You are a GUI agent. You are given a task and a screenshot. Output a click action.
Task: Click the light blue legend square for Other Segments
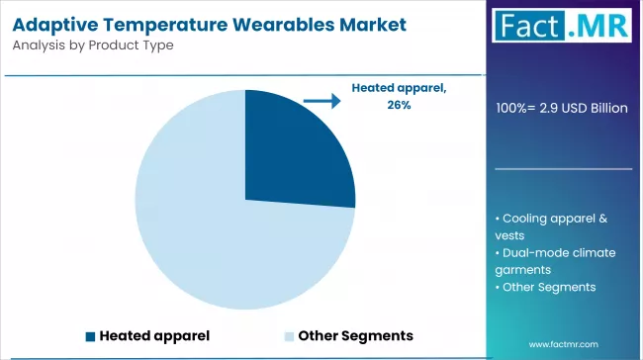[x=289, y=336]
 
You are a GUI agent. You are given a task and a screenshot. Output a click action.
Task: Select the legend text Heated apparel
[x=154, y=336]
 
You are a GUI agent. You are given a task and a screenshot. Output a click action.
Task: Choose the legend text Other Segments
[x=355, y=336]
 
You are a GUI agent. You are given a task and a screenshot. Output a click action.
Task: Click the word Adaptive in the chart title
[x=55, y=23]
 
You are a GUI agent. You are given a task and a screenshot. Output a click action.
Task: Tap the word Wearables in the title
[x=277, y=23]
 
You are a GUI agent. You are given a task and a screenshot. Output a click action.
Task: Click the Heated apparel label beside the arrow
[x=400, y=88]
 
